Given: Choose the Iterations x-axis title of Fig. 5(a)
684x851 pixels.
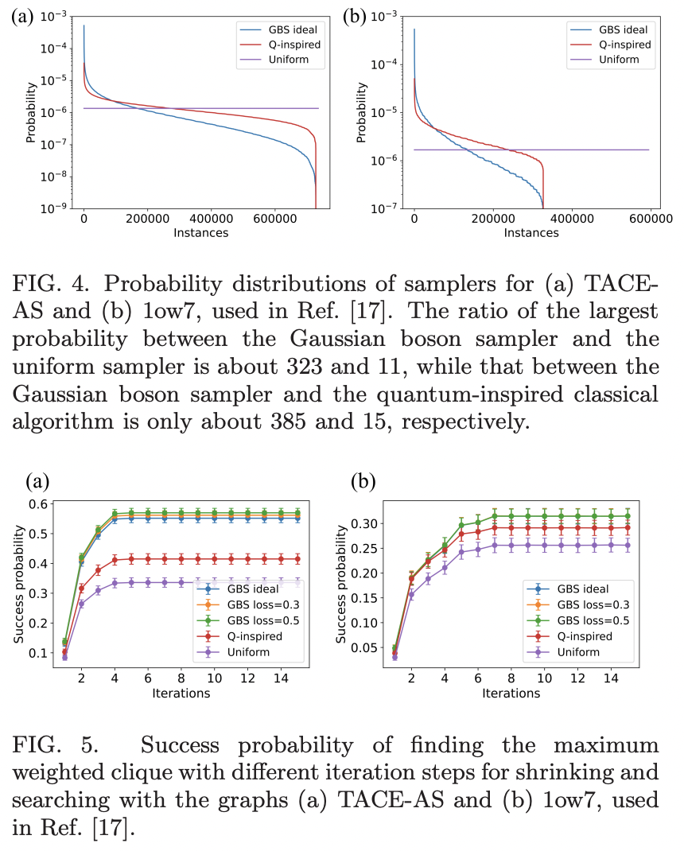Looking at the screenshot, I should coord(181,693).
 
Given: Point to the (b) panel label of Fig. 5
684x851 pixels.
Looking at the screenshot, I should coord(361,482).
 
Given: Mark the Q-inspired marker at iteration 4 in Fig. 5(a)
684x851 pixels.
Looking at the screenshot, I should coord(115,560).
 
